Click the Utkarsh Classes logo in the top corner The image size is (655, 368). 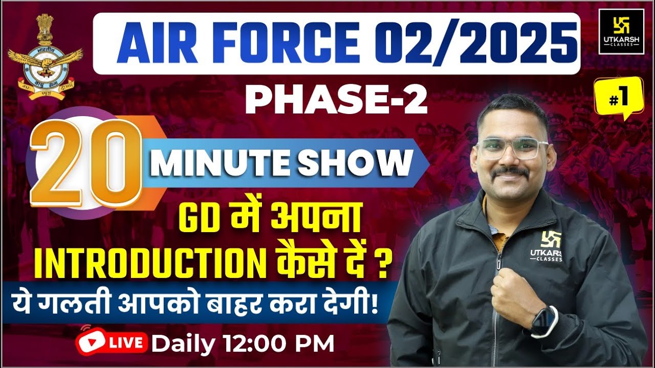(621, 31)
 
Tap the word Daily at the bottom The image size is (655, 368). (183, 344)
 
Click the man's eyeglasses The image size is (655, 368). (512, 148)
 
